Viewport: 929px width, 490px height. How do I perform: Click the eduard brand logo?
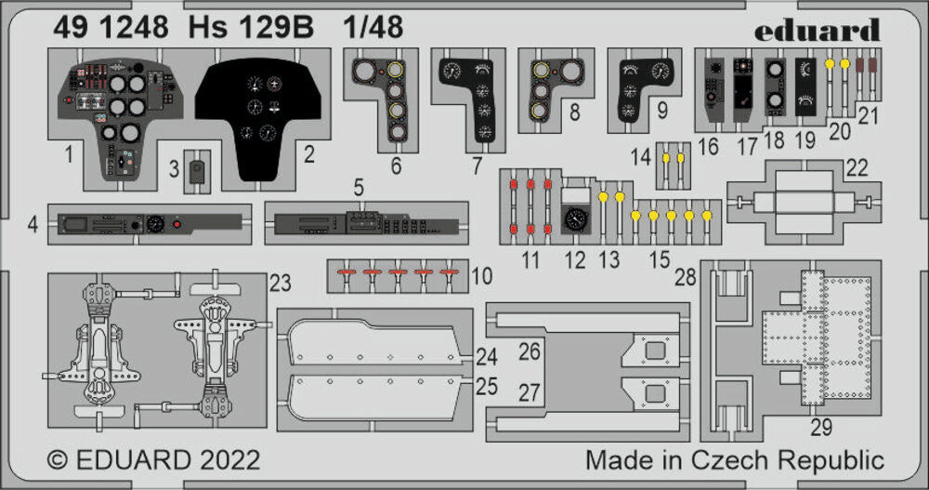coord(816,30)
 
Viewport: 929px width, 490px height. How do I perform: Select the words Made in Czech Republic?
coord(734,460)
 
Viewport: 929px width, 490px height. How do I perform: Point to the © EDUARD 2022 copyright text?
coord(153,460)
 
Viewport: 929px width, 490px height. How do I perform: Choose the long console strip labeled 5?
coord(362,224)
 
